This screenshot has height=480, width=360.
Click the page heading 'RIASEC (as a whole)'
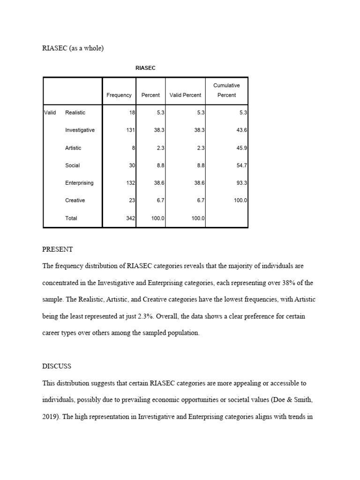point(73,48)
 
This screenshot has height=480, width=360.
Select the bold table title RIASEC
point(145,68)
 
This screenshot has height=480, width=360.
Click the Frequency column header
point(119,95)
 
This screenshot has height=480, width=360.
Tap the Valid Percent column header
point(185,95)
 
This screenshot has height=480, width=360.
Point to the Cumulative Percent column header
point(226,90)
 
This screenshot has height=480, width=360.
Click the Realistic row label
point(75,112)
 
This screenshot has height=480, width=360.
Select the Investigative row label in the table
point(80,130)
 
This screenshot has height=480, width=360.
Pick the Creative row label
point(75,200)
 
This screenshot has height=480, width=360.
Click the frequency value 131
point(130,130)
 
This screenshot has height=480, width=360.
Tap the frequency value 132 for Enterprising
point(130,183)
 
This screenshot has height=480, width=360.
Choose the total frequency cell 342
point(130,218)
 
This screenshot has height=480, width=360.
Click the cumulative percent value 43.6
point(242,130)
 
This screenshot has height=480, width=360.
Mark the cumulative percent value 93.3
point(242,183)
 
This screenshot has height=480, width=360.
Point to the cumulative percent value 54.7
point(242,165)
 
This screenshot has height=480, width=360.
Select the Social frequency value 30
point(132,165)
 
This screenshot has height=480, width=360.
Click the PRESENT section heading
point(58,249)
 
